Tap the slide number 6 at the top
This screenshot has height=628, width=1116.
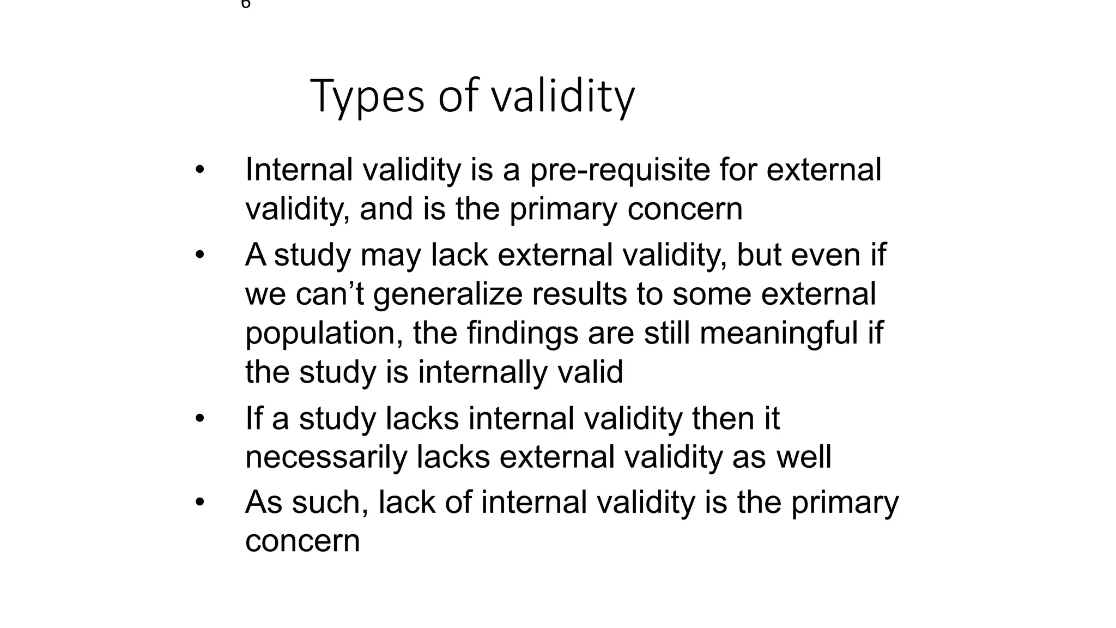tap(246, 4)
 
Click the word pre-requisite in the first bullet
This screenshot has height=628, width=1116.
tap(620, 170)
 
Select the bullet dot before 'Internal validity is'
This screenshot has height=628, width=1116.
tap(200, 170)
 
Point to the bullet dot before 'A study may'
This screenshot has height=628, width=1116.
tap(200, 255)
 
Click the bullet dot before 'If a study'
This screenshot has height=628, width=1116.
tap(200, 419)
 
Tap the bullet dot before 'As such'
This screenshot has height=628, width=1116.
tap(200, 502)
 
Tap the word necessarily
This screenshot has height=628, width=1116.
tap(326, 457)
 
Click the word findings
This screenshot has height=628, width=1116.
tap(522, 334)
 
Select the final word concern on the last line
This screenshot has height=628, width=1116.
tap(302, 541)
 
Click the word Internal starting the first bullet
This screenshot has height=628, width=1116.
tap(299, 170)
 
